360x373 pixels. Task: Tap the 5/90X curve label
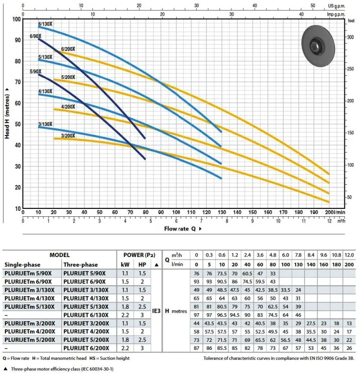point(36,72)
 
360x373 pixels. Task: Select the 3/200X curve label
point(68,136)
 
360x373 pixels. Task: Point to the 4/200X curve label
point(68,106)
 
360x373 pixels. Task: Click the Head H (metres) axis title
point(7,113)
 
